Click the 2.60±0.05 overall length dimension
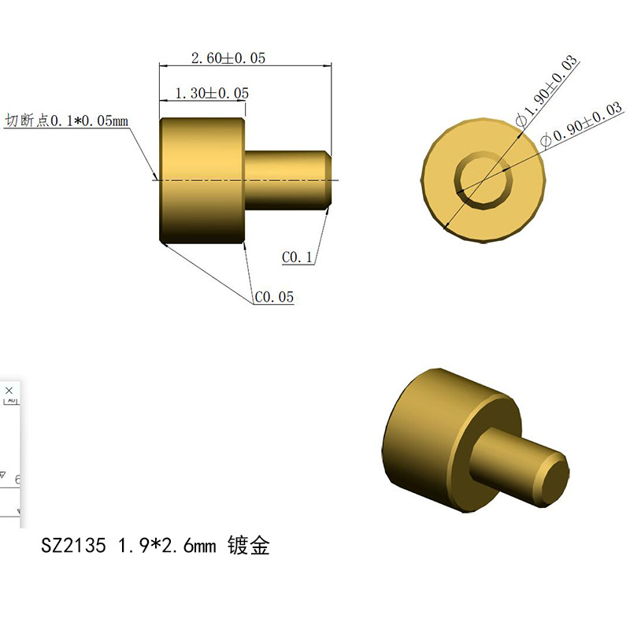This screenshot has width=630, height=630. tap(228, 58)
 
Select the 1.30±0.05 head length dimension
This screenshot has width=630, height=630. tap(212, 93)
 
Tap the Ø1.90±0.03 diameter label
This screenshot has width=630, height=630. tap(547, 91)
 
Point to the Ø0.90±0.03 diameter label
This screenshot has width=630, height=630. tap(582, 124)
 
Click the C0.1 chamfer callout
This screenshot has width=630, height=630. tap(298, 258)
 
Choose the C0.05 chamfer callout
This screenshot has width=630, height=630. tap(274, 297)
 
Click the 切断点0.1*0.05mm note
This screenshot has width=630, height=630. tap(66, 120)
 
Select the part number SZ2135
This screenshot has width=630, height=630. tap(73, 545)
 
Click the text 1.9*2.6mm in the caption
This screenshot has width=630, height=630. tap(167, 545)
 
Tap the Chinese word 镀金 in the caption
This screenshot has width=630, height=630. tap(248, 545)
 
